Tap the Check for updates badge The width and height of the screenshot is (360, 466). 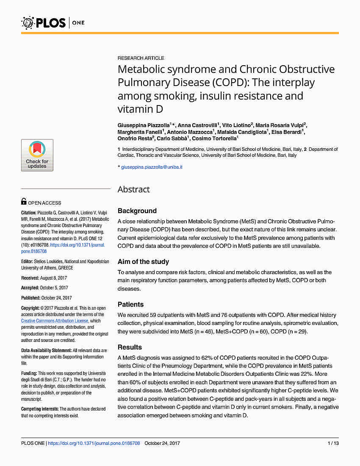click(37, 155)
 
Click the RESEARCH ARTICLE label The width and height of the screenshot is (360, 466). click(141, 58)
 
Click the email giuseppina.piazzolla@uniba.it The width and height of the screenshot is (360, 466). click(152, 167)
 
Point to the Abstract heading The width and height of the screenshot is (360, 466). click(134, 189)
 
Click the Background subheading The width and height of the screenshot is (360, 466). click(137, 211)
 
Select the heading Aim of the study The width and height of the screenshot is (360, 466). click(143, 262)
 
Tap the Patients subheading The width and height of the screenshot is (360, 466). click(130, 304)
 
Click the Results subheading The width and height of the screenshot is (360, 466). click(130, 347)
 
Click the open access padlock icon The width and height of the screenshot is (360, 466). click(24, 202)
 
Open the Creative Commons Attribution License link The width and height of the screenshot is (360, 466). click(55, 321)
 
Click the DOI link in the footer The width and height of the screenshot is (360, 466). click(94, 443)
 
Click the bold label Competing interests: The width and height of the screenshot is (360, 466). click(40, 409)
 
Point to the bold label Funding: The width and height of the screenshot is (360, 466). click(29, 373)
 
